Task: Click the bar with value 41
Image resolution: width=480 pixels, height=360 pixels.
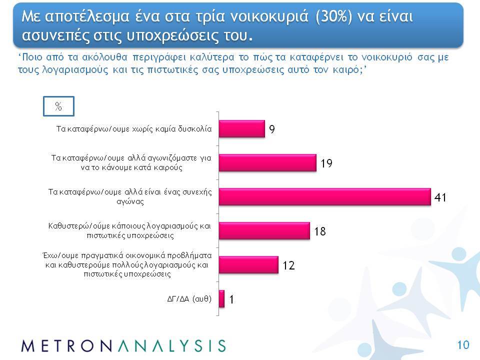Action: point(325,197)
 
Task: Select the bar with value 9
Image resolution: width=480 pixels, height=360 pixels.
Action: point(242,129)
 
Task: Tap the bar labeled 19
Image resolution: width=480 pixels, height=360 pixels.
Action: point(267,163)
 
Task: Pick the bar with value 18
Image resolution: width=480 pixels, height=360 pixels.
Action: point(264,231)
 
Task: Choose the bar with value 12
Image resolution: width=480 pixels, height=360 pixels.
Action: point(248,265)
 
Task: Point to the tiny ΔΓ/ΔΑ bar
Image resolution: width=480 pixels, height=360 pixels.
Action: point(221,299)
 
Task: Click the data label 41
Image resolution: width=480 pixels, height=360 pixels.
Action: point(440,197)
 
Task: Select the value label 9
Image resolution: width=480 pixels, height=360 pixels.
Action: point(272,129)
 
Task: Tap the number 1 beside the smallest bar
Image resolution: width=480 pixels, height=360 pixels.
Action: point(231,299)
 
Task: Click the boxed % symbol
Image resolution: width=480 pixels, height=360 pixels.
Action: point(58,106)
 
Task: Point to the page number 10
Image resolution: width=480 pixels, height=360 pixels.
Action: point(463,345)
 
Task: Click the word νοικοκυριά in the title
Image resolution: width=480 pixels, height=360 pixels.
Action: point(269,16)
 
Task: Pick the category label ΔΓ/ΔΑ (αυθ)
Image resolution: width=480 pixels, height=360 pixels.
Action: point(189,299)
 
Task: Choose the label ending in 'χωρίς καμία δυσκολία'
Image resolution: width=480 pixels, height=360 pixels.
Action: point(134,129)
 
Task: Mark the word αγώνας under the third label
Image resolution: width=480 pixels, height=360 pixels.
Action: point(130,201)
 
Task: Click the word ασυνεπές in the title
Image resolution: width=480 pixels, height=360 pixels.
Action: point(55,36)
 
